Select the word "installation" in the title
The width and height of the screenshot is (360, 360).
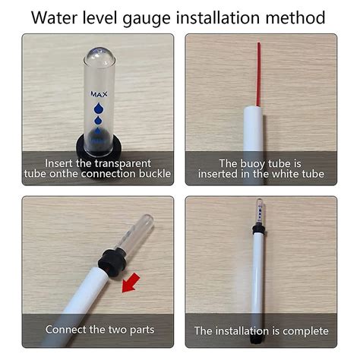point(213,17)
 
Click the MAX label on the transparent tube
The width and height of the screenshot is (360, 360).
point(99,95)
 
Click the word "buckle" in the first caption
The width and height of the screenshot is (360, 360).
point(153,174)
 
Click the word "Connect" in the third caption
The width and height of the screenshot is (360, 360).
point(70,330)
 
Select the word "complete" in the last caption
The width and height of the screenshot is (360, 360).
point(302,331)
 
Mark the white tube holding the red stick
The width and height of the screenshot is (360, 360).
point(254,137)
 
